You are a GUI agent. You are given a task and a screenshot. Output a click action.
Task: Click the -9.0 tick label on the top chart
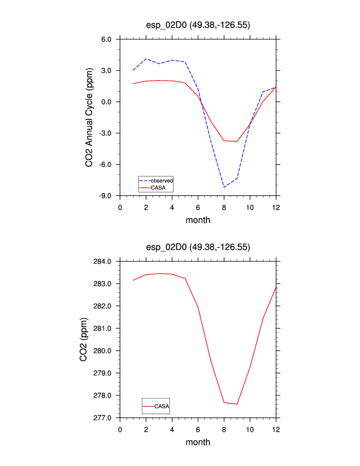106,195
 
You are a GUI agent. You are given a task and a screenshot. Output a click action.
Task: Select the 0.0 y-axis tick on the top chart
106,102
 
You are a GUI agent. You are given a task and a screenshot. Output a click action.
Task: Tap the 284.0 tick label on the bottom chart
103,261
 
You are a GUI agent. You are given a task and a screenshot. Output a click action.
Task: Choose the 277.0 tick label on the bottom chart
103,418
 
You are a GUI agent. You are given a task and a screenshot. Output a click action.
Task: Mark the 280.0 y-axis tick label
103,351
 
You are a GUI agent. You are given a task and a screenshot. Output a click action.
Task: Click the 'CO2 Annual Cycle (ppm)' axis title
89,118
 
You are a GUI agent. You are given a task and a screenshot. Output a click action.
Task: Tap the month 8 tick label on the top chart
224,207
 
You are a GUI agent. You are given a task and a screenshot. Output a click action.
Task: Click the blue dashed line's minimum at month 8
224,187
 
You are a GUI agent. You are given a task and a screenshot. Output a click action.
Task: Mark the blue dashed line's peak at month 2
146,59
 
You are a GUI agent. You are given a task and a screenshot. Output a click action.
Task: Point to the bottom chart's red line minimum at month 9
237,404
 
